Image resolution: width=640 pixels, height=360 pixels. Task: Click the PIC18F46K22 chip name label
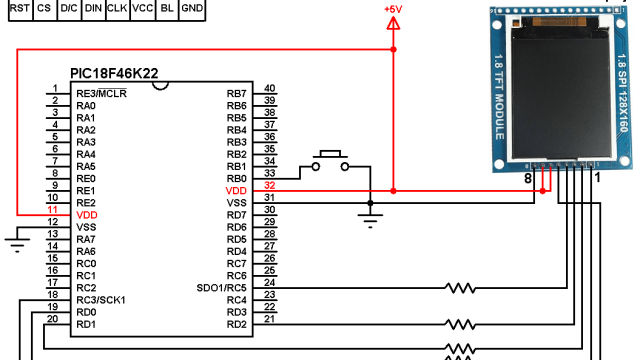click(114, 73)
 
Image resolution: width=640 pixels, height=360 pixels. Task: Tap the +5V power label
click(393, 9)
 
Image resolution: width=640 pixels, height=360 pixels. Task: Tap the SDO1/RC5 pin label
click(222, 288)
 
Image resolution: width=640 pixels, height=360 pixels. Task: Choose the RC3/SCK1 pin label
click(101, 300)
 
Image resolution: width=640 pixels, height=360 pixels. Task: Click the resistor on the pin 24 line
click(461, 288)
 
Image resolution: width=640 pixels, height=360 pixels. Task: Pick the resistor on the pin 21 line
click(461, 324)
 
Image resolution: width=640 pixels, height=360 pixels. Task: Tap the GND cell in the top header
click(193, 8)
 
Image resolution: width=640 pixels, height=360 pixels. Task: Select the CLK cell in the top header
click(117, 8)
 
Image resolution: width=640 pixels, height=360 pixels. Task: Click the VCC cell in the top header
click(143, 8)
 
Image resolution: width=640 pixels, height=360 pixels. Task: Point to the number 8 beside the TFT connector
click(528, 178)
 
